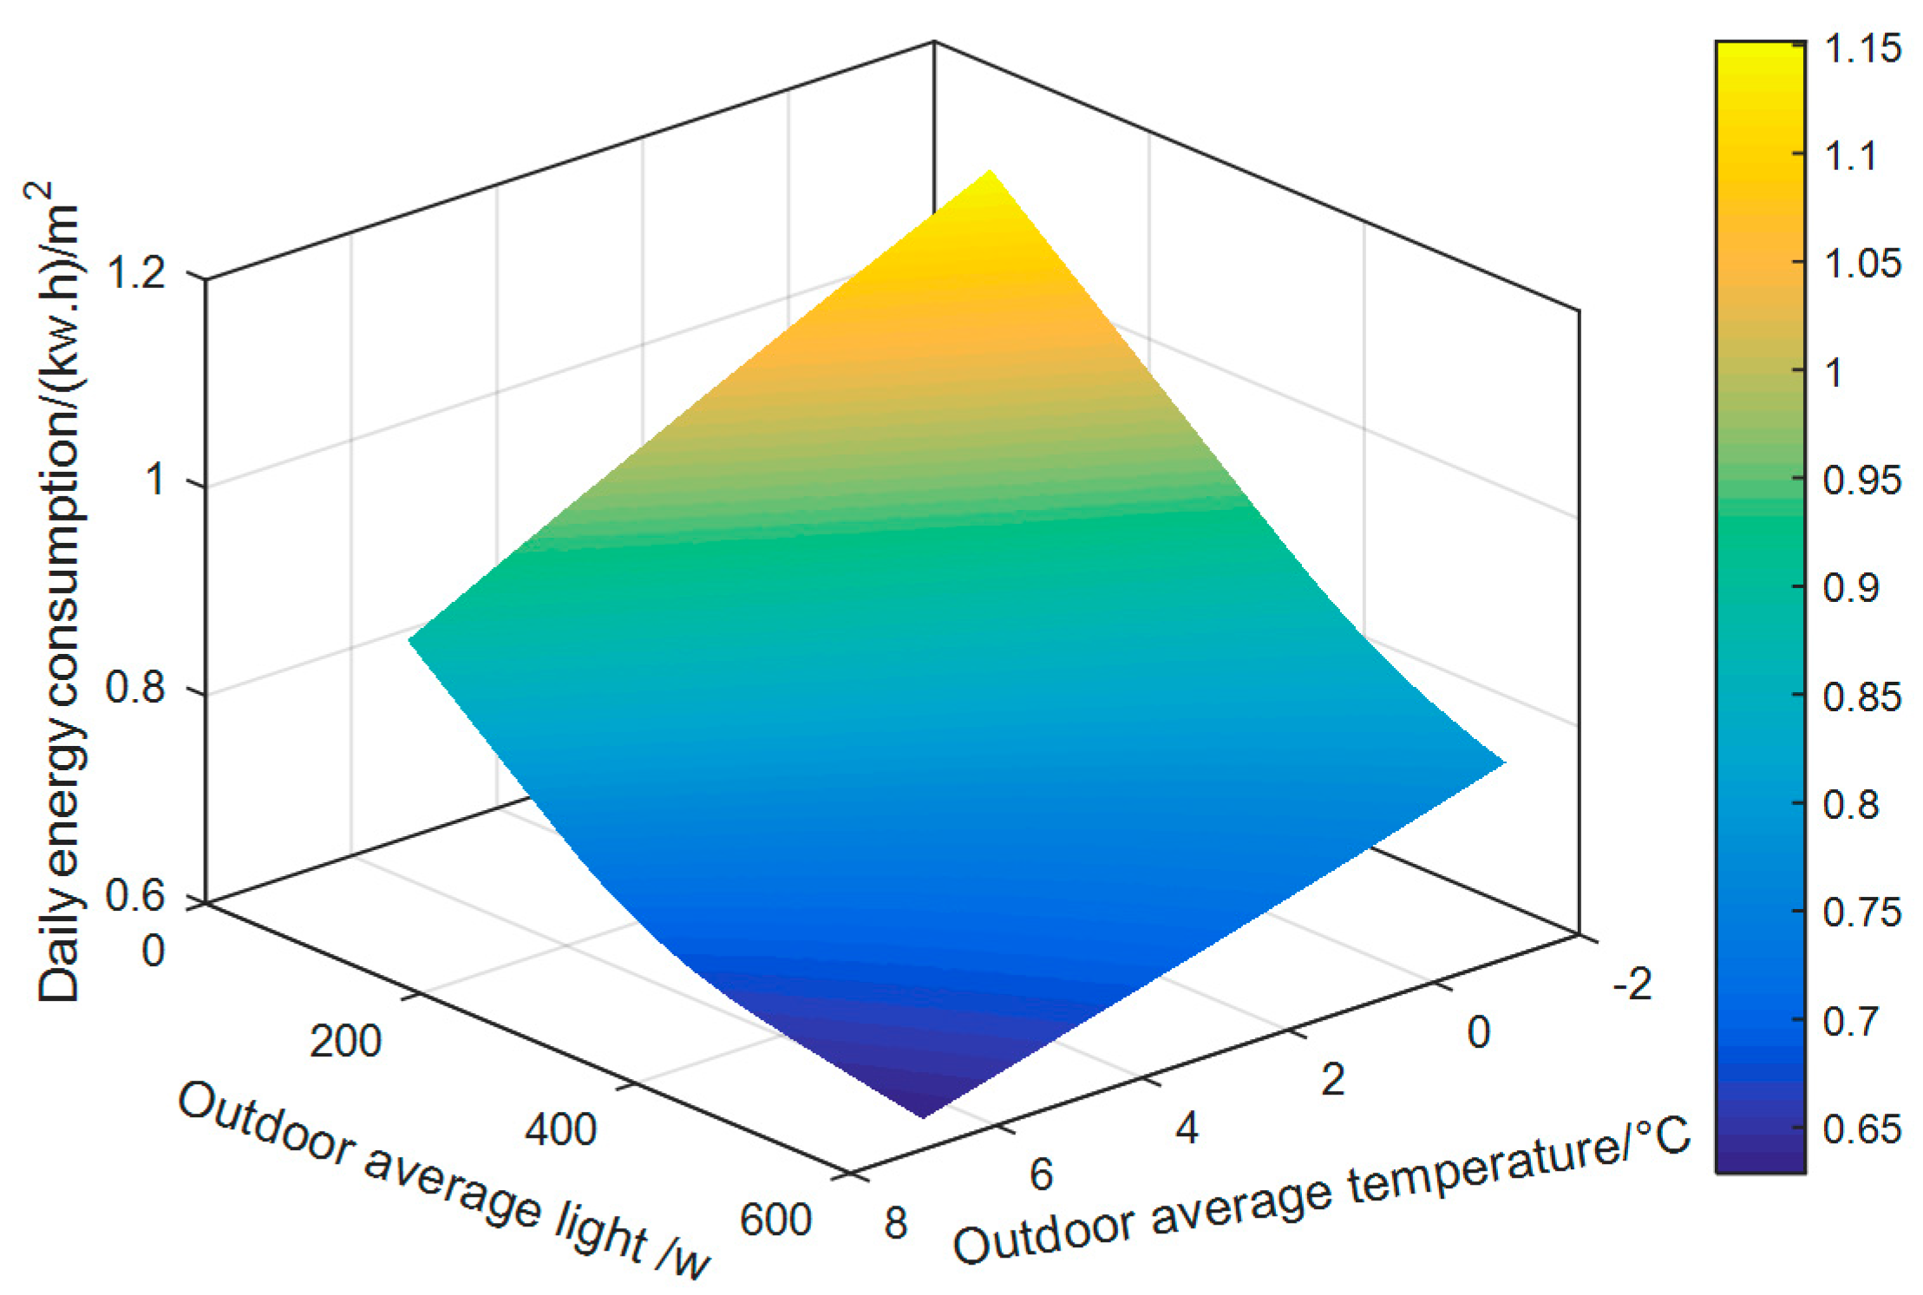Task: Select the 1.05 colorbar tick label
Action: tap(1862, 263)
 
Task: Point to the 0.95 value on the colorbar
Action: tap(1862, 480)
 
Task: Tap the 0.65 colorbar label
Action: tap(1862, 1128)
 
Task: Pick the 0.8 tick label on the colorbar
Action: tap(1851, 805)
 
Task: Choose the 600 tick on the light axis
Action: tap(775, 1220)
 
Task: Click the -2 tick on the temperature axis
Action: tap(1632, 984)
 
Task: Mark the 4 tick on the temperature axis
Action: tap(1187, 1128)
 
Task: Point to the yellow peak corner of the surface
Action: tap(989, 179)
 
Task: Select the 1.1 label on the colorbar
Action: tap(1851, 157)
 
